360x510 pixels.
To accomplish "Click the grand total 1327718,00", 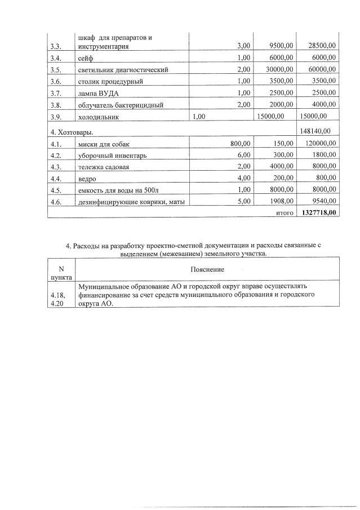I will click(317, 213).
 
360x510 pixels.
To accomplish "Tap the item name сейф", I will click(86, 57).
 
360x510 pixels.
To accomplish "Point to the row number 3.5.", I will click(55, 69).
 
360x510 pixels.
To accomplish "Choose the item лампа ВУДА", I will click(99, 93).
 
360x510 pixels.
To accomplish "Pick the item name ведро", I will click(87, 179).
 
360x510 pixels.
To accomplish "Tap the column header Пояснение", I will click(207, 269).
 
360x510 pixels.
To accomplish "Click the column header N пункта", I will click(61, 273).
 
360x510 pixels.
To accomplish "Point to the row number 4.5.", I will click(55, 190).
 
